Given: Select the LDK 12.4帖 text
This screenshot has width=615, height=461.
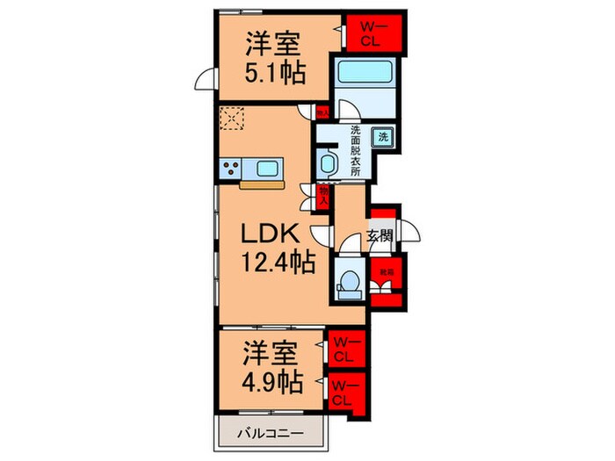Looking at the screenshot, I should [x=273, y=248].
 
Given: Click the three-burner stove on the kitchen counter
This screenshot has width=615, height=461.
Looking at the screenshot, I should [x=234, y=168].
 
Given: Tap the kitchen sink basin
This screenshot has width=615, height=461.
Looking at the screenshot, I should [x=268, y=168].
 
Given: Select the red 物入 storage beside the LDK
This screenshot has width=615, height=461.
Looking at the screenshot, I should [x=323, y=195].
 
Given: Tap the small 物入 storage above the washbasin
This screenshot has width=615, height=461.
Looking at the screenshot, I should [x=322, y=112].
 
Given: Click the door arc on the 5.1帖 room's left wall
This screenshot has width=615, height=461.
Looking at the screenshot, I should [x=205, y=79].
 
